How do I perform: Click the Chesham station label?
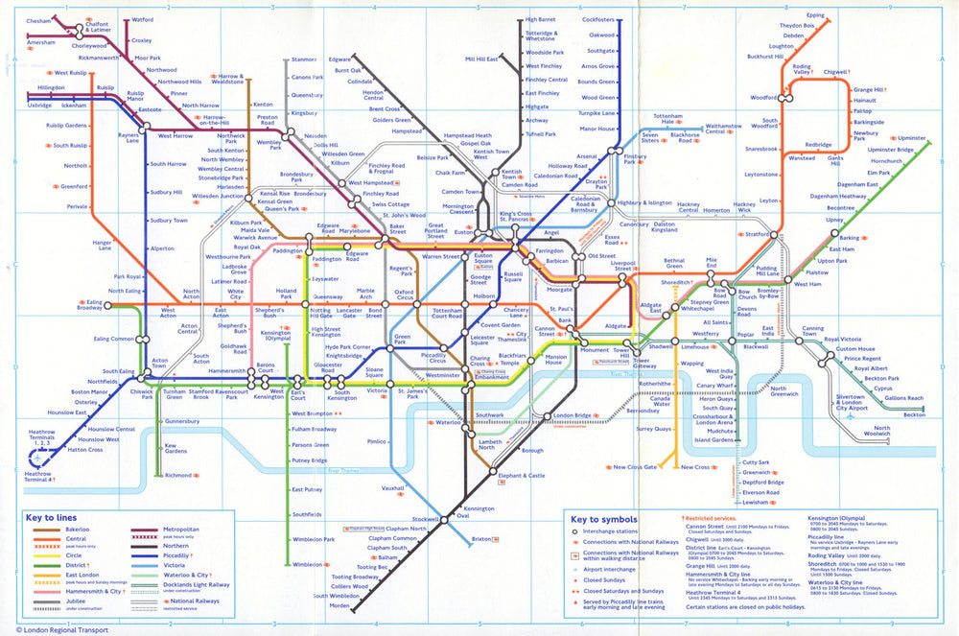38,20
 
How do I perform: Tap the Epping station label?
815,15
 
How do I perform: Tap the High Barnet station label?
540,19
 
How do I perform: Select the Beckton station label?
914,414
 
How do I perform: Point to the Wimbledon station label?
309,565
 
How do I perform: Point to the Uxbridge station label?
39,105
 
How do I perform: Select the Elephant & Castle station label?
522,476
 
